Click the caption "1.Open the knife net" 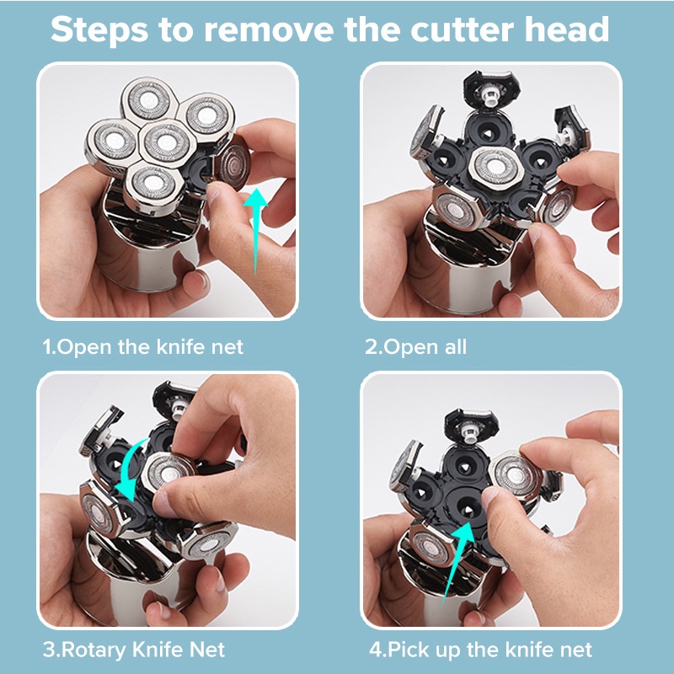pyautogui.click(x=142, y=347)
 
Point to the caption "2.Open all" pyautogui.click(x=415, y=347)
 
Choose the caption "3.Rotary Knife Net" pyautogui.click(x=134, y=650)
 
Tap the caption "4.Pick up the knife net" pyautogui.click(x=480, y=650)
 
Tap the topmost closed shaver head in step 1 pyautogui.click(x=149, y=99)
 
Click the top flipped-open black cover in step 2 pyautogui.click(x=491, y=88)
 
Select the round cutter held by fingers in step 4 pyautogui.click(x=515, y=475)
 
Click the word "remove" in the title pyautogui.click(x=269, y=29)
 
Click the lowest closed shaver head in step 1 pyautogui.click(x=153, y=184)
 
